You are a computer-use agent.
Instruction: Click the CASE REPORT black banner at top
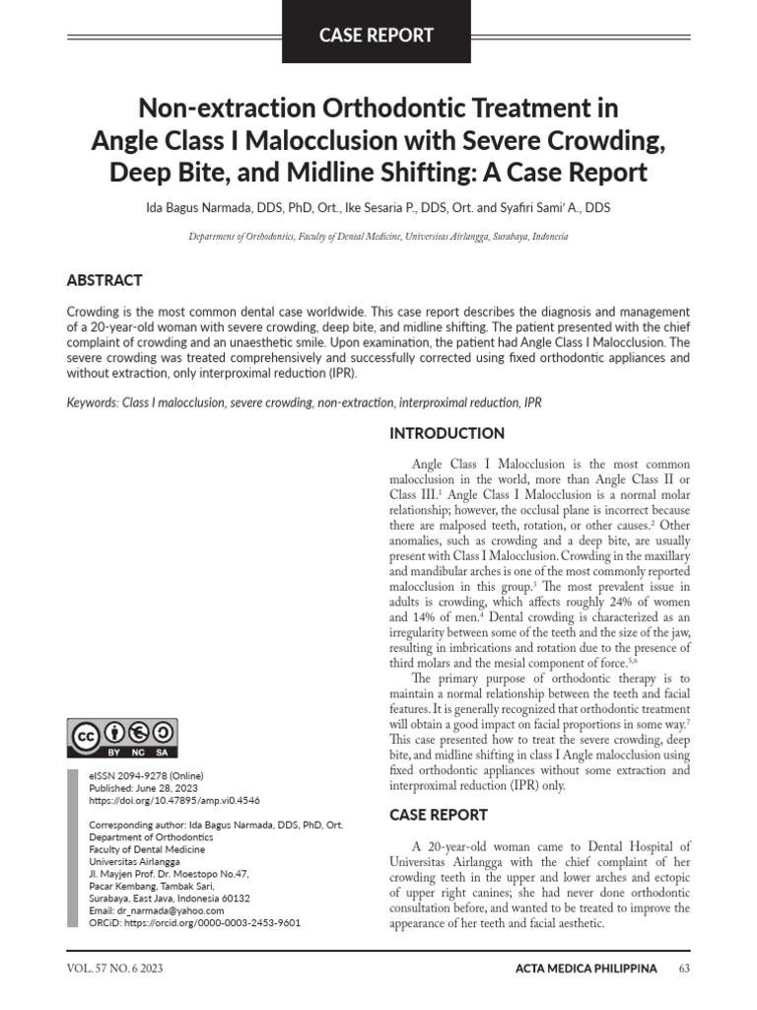point(376,35)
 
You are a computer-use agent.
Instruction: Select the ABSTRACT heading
point(104,280)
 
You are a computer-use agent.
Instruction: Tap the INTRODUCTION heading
point(447,433)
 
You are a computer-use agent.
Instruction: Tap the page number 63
point(685,969)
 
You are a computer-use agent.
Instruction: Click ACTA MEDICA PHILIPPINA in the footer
point(585,969)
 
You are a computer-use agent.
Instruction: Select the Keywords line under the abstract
point(304,402)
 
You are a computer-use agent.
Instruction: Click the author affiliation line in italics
point(378,238)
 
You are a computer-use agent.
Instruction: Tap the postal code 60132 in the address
point(236,898)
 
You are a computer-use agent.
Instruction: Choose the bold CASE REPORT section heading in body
point(439,815)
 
